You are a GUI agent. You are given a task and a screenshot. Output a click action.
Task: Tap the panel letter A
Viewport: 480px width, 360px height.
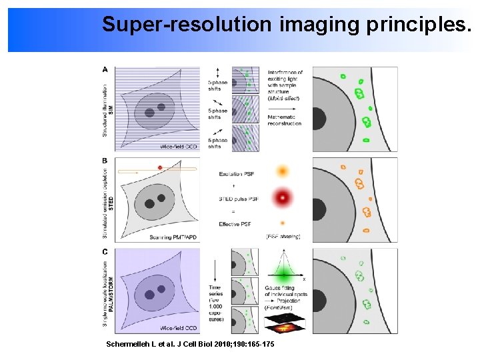point(105,69)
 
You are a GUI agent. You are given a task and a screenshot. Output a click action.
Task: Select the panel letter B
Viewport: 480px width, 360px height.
point(105,161)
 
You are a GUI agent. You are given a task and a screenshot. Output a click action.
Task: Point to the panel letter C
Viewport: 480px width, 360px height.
point(105,252)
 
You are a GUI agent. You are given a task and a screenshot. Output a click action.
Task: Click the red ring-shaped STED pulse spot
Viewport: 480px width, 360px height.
point(283,197)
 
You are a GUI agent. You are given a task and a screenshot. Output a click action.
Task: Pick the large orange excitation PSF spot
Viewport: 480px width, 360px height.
point(283,171)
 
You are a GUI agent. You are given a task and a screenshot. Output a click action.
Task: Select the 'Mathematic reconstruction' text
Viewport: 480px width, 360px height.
point(284,120)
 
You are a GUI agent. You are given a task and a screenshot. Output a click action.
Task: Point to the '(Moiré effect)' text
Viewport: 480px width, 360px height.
point(283,98)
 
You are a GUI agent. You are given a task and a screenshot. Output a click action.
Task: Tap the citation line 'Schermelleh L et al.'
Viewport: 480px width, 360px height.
point(190,344)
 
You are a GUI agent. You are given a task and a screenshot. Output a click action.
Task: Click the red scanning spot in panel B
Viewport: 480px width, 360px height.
point(160,167)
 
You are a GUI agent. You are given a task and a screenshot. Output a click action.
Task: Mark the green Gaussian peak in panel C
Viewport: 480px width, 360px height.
point(284,273)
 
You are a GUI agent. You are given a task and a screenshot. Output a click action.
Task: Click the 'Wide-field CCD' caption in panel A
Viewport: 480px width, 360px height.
point(179,145)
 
